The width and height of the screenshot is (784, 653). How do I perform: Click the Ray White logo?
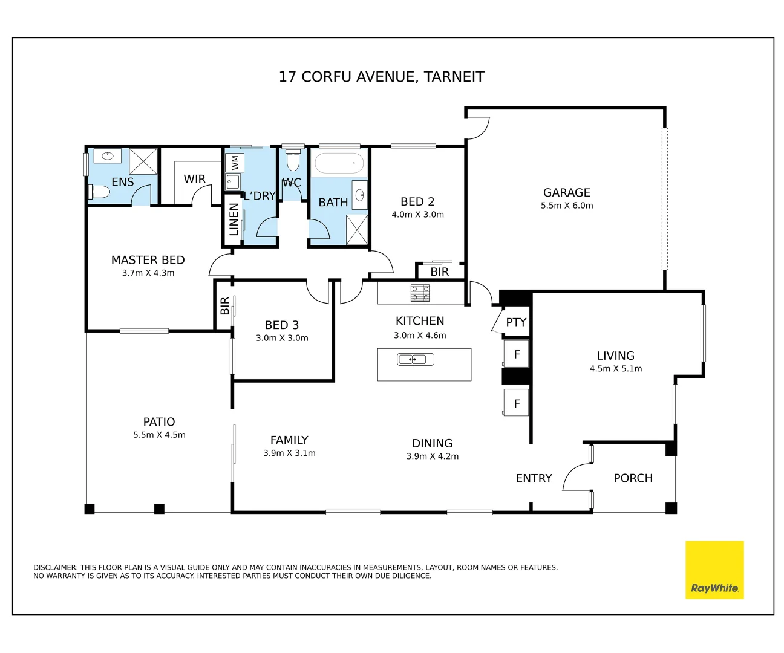tap(714, 570)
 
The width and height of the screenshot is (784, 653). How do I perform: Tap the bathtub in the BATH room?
tap(339, 163)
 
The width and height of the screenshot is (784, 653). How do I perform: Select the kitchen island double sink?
tap(415, 359)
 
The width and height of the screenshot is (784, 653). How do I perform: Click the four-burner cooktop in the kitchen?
tap(420, 293)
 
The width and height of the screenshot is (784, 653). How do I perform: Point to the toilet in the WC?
tap(293, 160)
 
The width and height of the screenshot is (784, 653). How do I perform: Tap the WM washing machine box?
tap(235, 163)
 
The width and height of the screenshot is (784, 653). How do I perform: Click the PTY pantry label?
tap(516, 322)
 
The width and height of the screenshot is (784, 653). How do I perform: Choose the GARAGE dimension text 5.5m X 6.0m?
tap(567, 206)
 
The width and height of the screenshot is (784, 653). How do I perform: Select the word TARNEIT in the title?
tap(454, 77)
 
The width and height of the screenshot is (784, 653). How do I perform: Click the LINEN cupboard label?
tap(234, 219)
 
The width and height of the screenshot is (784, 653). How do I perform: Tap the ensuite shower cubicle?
tap(143, 161)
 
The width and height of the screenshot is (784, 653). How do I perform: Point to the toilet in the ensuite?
tap(99, 192)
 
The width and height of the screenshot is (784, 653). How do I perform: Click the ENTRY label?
tap(534, 478)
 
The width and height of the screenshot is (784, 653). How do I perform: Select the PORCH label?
tap(633, 478)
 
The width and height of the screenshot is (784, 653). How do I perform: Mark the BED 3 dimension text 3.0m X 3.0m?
tap(282, 338)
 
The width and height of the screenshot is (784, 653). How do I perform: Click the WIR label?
tap(195, 179)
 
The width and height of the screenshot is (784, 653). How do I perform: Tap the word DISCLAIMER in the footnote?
tap(55, 567)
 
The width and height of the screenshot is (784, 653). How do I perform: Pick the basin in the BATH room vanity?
tap(359, 195)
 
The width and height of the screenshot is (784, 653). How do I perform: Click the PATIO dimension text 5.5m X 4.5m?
tap(159, 435)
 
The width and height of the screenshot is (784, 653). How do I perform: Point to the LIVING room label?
tap(615, 356)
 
